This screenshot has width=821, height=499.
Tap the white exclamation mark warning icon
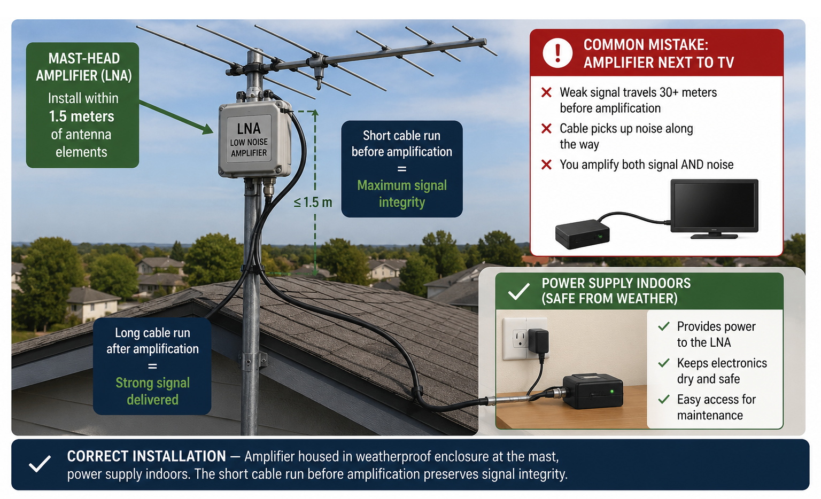pos(557,53)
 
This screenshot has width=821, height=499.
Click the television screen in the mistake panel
pos(714,205)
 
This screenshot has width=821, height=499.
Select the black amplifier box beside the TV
pos(583,233)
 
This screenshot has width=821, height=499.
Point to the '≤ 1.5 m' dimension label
pos(313,202)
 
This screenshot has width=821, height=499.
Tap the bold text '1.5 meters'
pos(81,116)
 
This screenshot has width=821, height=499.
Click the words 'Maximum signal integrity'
pos(402,193)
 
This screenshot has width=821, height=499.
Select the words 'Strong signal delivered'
pos(152,391)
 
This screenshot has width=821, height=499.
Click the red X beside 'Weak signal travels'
pos(546,92)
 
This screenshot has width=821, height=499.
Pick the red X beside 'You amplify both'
pos(546,165)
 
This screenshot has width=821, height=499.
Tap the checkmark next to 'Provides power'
pos(664,326)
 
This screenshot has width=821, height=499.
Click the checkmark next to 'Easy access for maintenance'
pos(664,399)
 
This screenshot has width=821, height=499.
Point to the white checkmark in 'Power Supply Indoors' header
pos(518,292)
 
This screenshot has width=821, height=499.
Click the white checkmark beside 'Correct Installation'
pos(40,464)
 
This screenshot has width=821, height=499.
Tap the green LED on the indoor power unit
pos(611,392)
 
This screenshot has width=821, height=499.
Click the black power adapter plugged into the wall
pos(538,341)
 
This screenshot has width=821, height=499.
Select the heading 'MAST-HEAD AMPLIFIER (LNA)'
pos(84,67)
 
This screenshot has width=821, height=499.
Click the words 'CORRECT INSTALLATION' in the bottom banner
pos(146,456)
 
